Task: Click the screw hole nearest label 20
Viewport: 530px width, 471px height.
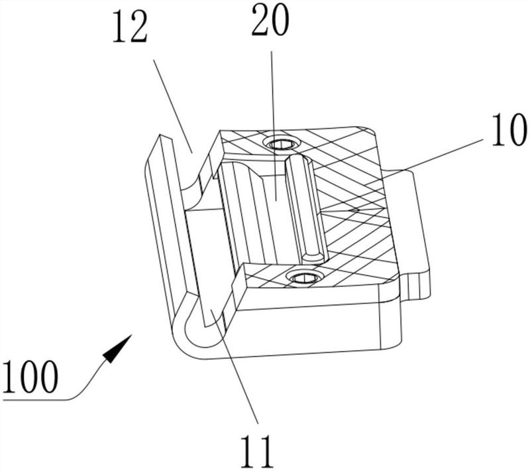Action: coord(278,143)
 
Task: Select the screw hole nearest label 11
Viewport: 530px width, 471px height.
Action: coord(303,277)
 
